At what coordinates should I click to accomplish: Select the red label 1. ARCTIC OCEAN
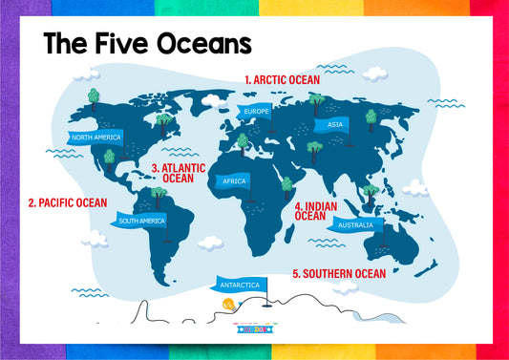pyautogui.click(x=282, y=80)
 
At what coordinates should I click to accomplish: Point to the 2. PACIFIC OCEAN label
pyautogui.click(x=67, y=202)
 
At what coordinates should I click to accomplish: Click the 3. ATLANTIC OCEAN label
pyautogui.click(x=178, y=172)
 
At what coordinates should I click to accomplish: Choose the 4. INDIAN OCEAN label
pyautogui.click(x=317, y=211)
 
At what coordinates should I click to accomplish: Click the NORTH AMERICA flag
pyautogui.click(x=95, y=138)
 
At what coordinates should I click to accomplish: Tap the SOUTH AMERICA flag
pyautogui.click(x=141, y=221)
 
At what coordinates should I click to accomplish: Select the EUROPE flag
pyautogui.click(x=256, y=112)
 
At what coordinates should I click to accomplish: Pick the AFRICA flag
pyautogui.click(x=234, y=180)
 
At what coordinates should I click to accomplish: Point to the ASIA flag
pyautogui.click(x=334, y=124)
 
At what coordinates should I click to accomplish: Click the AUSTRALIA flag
pyautogui.click(x=355, y=225)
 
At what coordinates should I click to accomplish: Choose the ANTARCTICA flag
pyautogui.click(x=240, y=285)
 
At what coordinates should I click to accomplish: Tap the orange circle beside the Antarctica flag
pyautogui.click(x=227, y=303)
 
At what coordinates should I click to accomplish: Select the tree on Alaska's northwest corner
pyautogui.click(x=93, y=95)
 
